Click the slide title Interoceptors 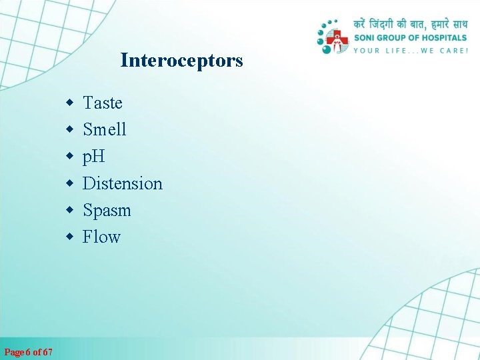coord(181,61)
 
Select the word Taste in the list coord(102,103)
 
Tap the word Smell coord(104,129)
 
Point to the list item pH coord(93,157)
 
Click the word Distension coord(122,183)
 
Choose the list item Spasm coord(107,211)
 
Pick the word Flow coord(101,237)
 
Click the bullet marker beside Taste coord(69,103)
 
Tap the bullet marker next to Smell coord(69,130)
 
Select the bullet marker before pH coord(69,157)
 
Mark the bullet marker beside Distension coord(69,184)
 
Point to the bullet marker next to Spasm coord(69,211)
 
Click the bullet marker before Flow coord(69,237)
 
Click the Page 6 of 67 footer coord(29,351)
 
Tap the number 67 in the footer coord(47,351)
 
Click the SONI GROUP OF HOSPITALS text coord(410,38)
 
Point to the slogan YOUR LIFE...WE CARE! coord(410,50)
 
